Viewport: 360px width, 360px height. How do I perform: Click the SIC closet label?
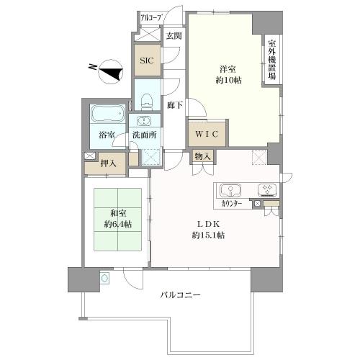[147, 60]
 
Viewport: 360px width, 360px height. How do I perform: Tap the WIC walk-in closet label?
[207, 134]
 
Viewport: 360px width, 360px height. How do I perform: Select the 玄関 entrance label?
[174, 36]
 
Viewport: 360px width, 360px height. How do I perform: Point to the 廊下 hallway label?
[175, 105]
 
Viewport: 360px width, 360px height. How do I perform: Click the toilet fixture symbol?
[147, 101]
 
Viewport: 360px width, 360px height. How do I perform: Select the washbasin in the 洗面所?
[144, 121]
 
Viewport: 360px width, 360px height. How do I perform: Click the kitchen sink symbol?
[230, 190]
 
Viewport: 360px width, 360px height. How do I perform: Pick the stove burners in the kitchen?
[268, 189]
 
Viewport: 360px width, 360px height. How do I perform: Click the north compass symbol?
[111, 72]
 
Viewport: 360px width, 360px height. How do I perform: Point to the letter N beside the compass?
[92, 67]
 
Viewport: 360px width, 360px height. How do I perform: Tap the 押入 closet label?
[109, 163]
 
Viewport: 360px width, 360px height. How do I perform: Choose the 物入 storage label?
[202, 156]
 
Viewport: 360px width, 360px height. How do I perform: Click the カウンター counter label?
[232, 204]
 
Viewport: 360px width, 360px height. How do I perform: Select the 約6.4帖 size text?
[118, 225]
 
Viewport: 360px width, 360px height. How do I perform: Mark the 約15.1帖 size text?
[208, 235]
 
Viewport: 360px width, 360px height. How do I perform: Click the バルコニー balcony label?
[180, 294]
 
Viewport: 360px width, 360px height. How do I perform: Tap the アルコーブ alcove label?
[150, 18]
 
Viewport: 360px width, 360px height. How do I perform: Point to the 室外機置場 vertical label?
[272, 60]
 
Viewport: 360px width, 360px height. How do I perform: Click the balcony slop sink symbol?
[104, 279]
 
